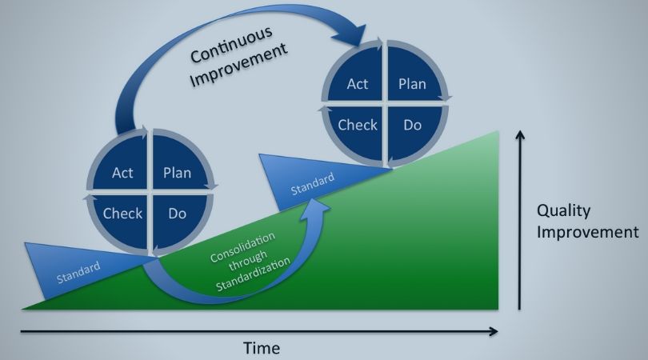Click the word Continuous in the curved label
pyautogui.click(x=231, y=45)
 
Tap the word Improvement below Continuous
pyautogui.click(x=238, y=65)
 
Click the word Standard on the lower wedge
pyautogui.click(x=78, y=272)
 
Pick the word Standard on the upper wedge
pyautogui.click(x=313, y=184)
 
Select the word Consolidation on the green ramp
pyautogui.click(x=242, y=247)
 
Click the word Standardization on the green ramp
pyautogui.click(x=253, y=275)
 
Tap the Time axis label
pyautogui.click(x=261, y=348)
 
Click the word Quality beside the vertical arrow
pyautogui.click(x=564, y=211)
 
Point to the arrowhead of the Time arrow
pyautogui.click(x=494, y=331)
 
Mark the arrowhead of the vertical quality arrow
pyautogui.click(x=520, y=135)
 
